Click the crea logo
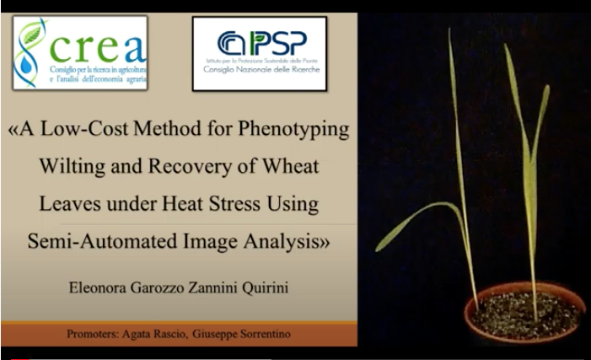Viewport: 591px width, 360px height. pyautogui.click(x=80, y=52)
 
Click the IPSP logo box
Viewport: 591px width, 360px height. pyautogui.click(x=260, y=53)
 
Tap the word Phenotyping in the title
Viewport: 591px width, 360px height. pyautogui.click(x=293, y=130)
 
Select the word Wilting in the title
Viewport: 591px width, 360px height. pyautogui.click(x=72, y=167)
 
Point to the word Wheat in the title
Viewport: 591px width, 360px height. pyautogui.click(x=290, y=166)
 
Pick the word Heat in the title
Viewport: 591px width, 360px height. pyautogui.click(x=183, y=203)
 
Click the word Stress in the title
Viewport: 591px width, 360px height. pyautogui.click(x=234, y=203)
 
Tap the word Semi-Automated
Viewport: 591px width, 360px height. pyautogui.click(x=102, y=241)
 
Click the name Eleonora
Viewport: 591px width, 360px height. pyautogui.click(x=98, y=287)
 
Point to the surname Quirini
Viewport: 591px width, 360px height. pyautogui.click(x=265, y=288)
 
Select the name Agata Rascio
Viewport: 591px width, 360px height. pyautogui.click(x=153, y=334)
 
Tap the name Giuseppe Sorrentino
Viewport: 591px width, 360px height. pyautogui.click(x=241, y=334)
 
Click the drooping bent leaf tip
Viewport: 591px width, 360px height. pyautogui.click(x=379, y=248)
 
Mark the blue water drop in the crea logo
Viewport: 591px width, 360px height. pyautogui.click(x=25, y=65)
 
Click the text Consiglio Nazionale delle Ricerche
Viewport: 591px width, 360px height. pyautogui.click(x=261, y=70)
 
